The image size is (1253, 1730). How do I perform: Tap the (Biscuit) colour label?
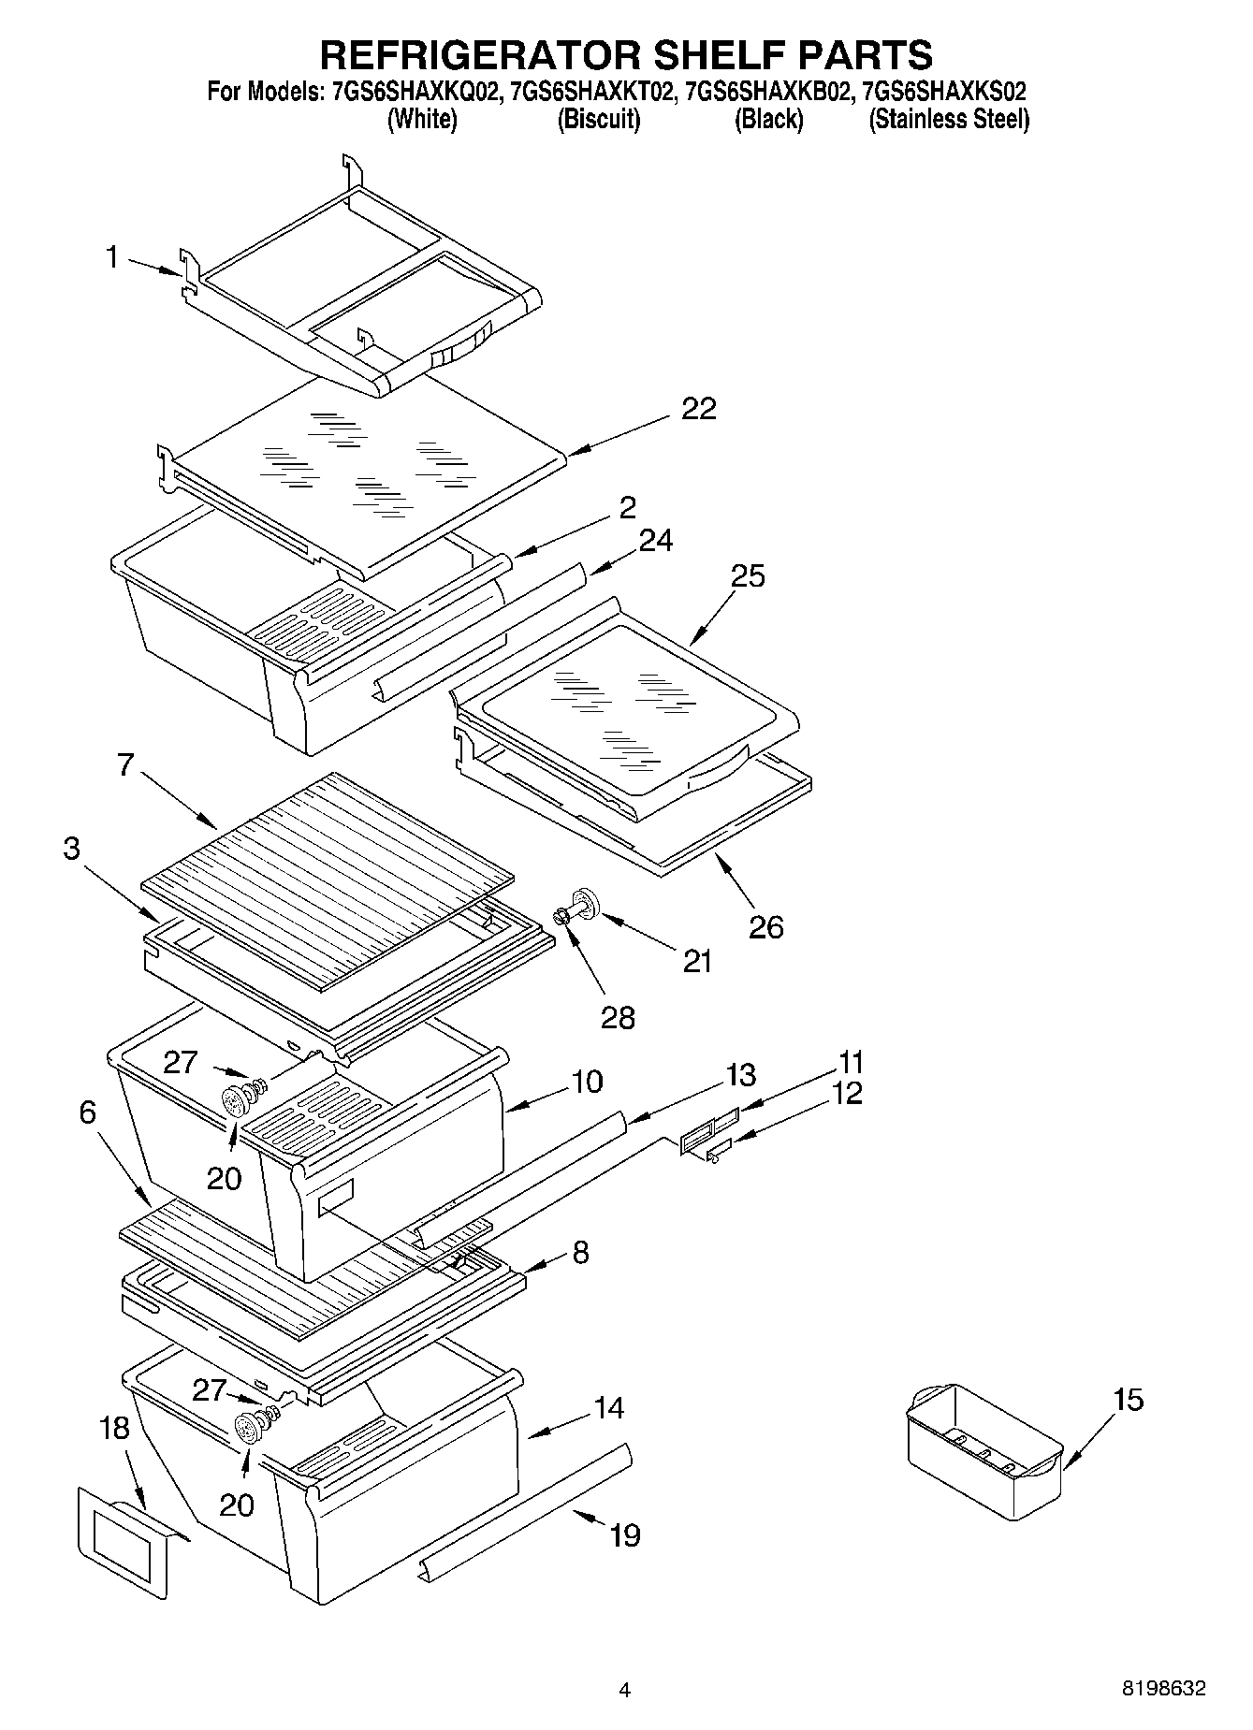pos(599,120)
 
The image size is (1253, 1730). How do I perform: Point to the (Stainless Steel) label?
pos(949,120)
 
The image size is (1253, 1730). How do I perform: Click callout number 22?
pos(698,409)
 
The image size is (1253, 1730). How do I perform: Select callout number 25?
pos(748,576)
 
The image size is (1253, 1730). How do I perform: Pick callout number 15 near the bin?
pos(1128,1401)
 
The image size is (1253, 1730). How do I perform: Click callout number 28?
pos(618,1017)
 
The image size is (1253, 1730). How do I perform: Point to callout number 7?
pos(125,766)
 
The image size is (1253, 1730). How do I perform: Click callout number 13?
pos(740,1075)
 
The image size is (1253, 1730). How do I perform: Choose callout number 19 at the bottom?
pos(624,1534)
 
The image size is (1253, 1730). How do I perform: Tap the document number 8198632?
pos(1163,1689)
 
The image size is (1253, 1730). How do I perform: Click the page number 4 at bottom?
pos(625,1690)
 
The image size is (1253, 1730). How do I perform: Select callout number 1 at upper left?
pos(112,257)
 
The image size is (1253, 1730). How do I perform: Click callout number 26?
pos(765,927)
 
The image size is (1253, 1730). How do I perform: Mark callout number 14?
pos(609,1408)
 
